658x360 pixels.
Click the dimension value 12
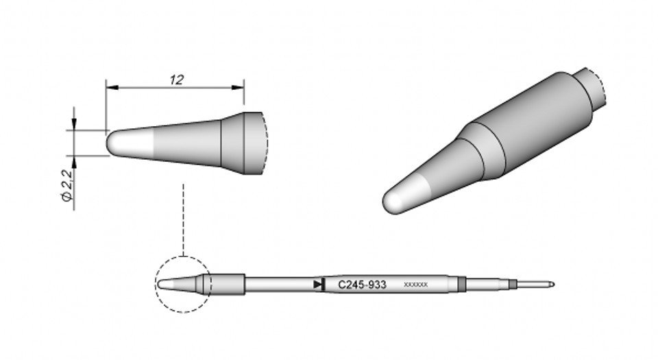[176, 80]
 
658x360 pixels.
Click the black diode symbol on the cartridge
[318, 284]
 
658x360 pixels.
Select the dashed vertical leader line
[183, 219]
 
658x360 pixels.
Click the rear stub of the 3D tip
[593, 89]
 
